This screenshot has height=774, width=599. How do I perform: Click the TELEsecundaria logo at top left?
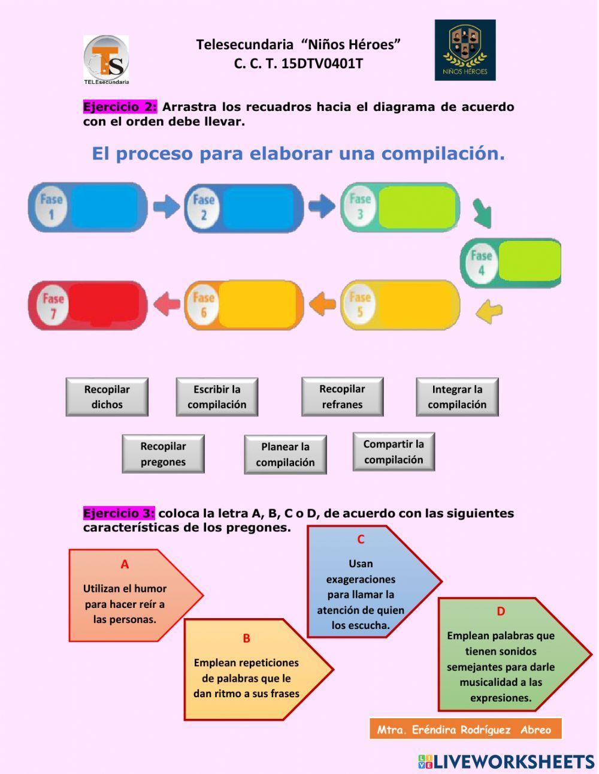click(x=106, y=59)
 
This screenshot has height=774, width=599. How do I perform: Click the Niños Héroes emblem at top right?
click(x=465, y=50)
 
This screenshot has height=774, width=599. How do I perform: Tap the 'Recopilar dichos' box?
click(x=107, y=397)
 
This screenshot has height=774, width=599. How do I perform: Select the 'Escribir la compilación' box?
click(x=217, y=397)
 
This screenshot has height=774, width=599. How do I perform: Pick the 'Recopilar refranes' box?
click(x=342, y=396)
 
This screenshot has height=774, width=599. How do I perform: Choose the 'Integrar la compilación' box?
click(x=457, y=397)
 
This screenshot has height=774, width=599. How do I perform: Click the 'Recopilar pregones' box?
click(x=163, y=454)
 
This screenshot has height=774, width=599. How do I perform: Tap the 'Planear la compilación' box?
click(x=285, y=454)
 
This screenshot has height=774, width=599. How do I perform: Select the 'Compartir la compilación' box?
click(x=394, y=452)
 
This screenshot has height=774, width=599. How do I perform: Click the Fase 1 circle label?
click(x=51, y=207)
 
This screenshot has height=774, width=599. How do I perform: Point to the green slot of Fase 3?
click(x=417, y=207)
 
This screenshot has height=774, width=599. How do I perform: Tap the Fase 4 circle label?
click(x=481, y=263)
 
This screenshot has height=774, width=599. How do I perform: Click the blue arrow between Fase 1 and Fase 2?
click(x=166, y=207)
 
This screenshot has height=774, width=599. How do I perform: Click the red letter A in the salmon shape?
click(x=125, y=564)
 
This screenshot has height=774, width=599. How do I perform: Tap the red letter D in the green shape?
click(x=501, y=612)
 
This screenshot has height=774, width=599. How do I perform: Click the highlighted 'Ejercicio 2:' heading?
click(x=120, y=107)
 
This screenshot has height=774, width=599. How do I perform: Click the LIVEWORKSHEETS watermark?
click(x=506, y=761)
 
